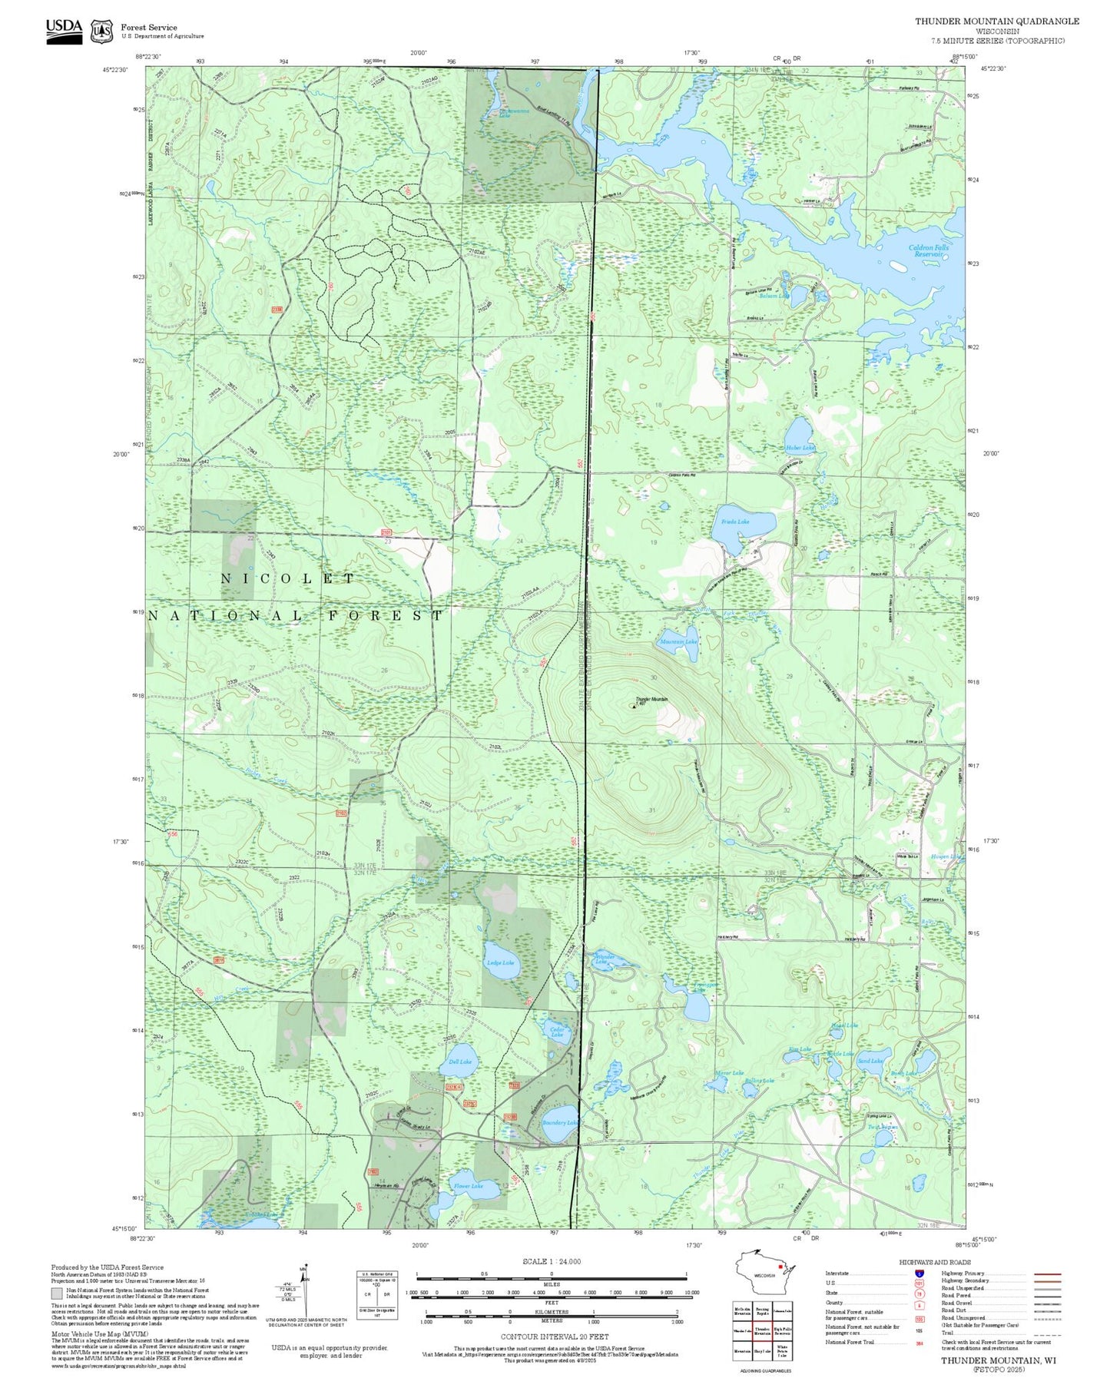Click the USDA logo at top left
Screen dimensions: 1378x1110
coord(64,31)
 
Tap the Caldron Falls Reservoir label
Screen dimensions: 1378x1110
coord(929,250)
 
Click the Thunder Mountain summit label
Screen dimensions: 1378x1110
coord(651,700)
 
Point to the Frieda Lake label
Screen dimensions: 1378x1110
coord(735,522)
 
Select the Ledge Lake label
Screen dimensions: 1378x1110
coord(500,963)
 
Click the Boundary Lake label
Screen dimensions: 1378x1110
coord(560,1122)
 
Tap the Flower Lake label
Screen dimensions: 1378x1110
coord(468,1186)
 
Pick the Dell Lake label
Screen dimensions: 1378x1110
coord(460,1062)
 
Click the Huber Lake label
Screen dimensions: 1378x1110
coord(800,448)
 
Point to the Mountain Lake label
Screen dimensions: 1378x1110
coord(678,641)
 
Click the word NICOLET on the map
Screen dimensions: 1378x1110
coord(288,578)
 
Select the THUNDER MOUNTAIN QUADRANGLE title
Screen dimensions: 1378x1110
coord(996,22)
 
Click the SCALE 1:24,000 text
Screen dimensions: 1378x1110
coord(552,1260)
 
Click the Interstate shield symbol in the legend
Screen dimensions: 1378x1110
coord(919,1273)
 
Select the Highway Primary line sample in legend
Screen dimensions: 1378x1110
coord(1048,1274)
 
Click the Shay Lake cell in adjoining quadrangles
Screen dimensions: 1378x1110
coord(762,1350)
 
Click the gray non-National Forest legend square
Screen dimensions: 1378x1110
coord(56,1294)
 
